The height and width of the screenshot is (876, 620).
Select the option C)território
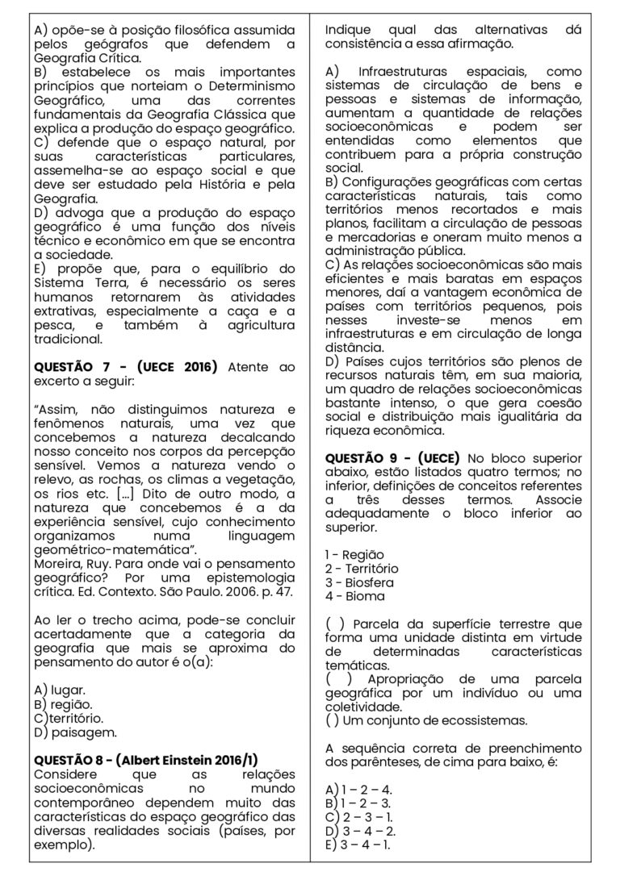click(x=69, y=719)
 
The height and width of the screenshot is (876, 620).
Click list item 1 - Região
click(x=354, y=554)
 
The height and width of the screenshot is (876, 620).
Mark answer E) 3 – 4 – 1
click(x=358, y=845)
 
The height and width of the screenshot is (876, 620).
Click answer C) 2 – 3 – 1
click(x=358, y=817)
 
